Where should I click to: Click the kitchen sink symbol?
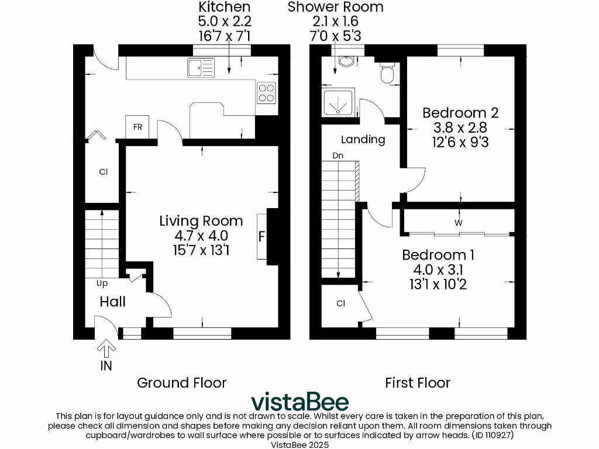[201, 68]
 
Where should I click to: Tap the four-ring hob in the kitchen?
[266, 93]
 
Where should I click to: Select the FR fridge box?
[137, 127]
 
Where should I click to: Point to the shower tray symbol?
[338, 103]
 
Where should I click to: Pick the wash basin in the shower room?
[345, 61]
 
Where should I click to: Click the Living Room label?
[201, 221]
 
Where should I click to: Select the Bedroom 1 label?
[438, 255]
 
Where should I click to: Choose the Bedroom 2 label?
[460, 112]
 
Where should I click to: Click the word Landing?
[363, 139]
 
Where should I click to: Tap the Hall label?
[112, 302]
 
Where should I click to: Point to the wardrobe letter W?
[459, 222]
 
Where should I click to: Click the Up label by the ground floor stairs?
[102, 283]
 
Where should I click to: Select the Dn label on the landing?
[338, 156]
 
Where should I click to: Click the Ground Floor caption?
[181, 383]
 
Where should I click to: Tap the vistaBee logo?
[299, 402]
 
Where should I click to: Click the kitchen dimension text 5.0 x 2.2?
[224, 21]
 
